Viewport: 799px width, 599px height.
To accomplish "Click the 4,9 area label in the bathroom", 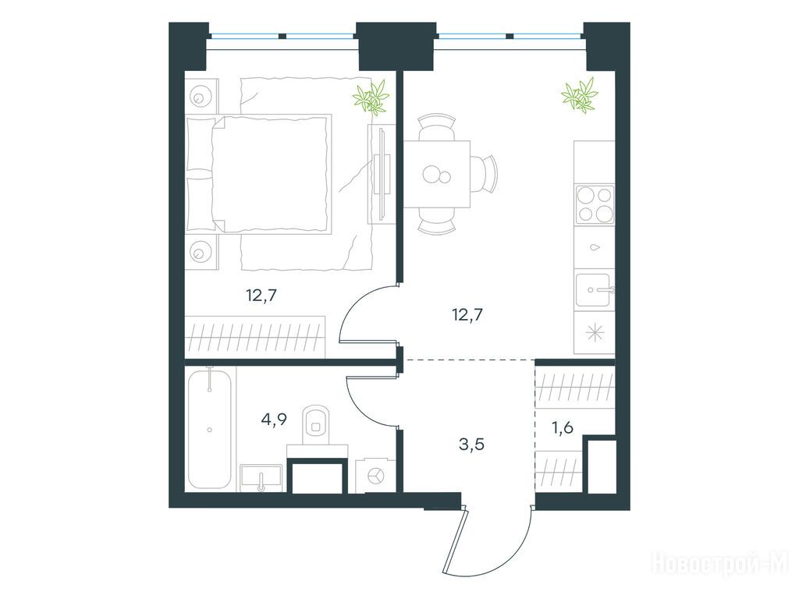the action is pyautogui.click(x=274, y=419).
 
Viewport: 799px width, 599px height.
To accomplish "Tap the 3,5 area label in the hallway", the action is pyautogui.click(x=471, y=444).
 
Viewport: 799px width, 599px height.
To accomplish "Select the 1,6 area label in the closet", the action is pyautogui.click(x=563, y=427).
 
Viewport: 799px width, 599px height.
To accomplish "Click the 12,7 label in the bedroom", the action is pyautogui.click(x=261, y=295).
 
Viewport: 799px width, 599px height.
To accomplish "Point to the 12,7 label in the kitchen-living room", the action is pyautogui.click(x=467, y=315).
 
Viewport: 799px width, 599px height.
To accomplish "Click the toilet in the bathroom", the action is pyautogui.click(x=317, y=425).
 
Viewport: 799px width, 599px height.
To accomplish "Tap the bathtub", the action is pyautogui.click(x=209, y=429).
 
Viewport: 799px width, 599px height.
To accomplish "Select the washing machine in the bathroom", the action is pyautogui.click(x=375, y=476).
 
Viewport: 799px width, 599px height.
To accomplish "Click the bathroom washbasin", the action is pyautogui.click(x=261, y=478).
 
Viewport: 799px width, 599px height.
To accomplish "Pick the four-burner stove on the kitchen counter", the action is pyautogui.click(x=594, y=205).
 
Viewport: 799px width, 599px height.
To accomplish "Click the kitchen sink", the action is pyautogui.click(x=594, y=290).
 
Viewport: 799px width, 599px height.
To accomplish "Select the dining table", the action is pyautogui.click(x=437, y=174).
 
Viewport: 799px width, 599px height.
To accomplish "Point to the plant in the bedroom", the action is pyautogui.click(x=372, y=97).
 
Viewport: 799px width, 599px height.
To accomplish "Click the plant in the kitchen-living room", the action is pyautogui.click(x=580, y=94).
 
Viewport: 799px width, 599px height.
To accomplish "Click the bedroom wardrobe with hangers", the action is pyautogui.click(x=255, y=337).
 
